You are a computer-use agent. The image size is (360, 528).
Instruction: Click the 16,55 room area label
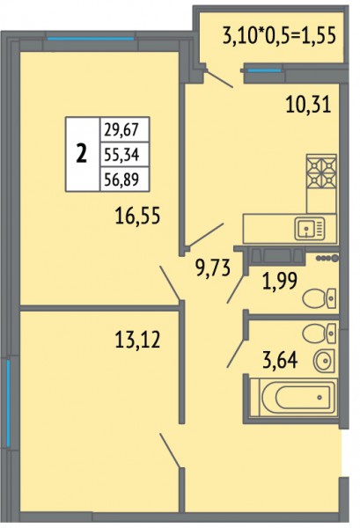[137, 216]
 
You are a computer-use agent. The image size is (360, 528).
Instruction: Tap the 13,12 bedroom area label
[137, 339]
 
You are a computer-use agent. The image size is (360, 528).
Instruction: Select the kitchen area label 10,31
[308, 105]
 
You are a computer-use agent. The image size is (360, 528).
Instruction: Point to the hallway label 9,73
[213, 268]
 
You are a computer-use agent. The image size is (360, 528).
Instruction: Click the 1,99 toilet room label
[280, 281]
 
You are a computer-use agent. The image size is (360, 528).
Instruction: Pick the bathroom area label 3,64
[280, 360]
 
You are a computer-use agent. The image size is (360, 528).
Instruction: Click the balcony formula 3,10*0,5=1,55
[279, 35]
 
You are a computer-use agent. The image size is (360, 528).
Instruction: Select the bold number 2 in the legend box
[82, 154]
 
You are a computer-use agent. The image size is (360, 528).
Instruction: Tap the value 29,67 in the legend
[121, 129]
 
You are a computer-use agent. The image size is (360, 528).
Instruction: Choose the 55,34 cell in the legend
[121, 155]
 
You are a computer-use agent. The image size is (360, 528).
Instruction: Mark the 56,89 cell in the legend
[121, 180]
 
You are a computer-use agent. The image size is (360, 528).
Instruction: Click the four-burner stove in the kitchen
[321, 172]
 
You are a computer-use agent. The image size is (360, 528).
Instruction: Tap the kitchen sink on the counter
[310, 229]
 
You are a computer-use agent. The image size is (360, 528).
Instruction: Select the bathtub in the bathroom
[293, 398]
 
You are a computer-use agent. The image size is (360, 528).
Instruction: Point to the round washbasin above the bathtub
[324, 361]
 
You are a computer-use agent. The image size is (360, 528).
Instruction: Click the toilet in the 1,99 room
[320, 298]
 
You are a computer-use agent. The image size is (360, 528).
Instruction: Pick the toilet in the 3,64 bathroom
[320, 333]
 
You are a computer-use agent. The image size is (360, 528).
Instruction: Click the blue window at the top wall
[91, 39]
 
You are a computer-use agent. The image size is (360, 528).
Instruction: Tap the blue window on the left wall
[9, 403]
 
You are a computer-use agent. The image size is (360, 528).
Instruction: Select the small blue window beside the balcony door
[264, 70]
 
